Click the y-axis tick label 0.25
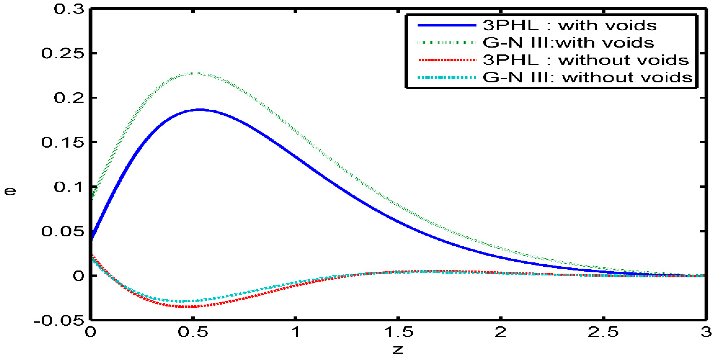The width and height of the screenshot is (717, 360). pos(62,53)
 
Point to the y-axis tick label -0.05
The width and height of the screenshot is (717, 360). pos(59,321)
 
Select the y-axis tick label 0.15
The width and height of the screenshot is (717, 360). pos(62,142)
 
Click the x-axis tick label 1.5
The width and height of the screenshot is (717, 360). pos(399,332)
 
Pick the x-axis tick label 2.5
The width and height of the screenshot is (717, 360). pos(603,332)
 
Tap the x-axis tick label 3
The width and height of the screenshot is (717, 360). pos(706,332)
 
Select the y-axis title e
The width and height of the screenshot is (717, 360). pos(10,191)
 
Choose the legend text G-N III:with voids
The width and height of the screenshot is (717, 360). pos(568,43)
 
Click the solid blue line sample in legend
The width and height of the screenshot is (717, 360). pos(446,25)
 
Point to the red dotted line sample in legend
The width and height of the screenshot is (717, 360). pos(446,60)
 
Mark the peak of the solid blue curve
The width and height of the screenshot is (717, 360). pos(200,110)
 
